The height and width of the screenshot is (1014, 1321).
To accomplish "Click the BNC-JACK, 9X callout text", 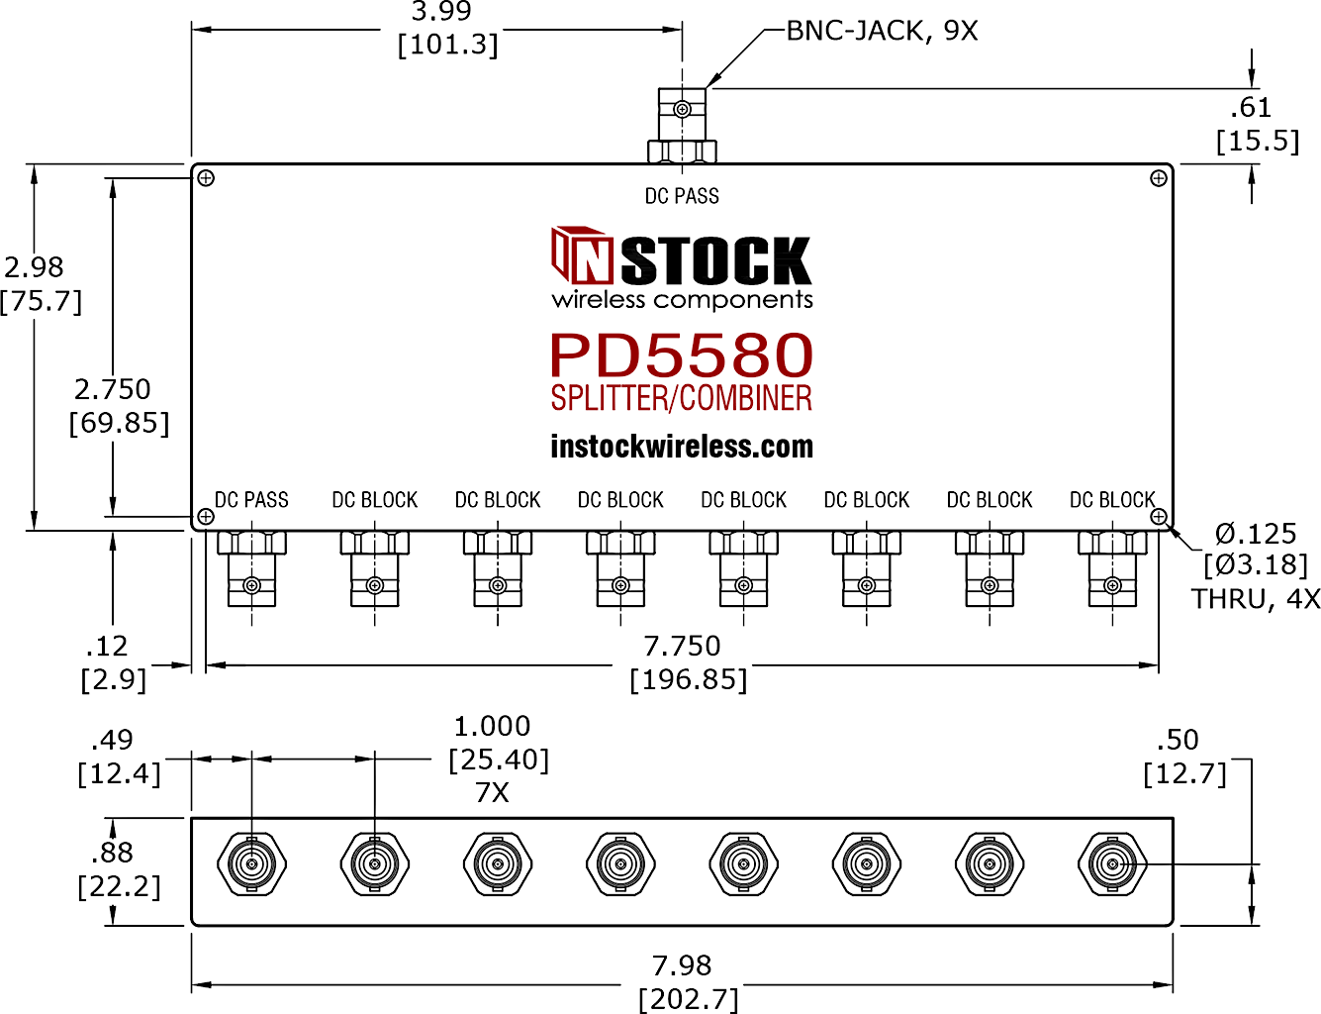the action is pyautogui.click(x=882, y=31).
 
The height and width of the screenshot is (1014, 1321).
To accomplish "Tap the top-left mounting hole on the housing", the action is pyautogui.click(x=206, y=178).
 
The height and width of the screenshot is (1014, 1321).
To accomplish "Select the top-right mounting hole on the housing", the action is pyautogui.click(x=1158, y=178).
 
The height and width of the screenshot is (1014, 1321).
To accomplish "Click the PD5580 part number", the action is pyautogui.click(x=682, y=355).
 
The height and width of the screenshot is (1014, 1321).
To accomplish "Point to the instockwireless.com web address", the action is pyautogui.click(x=682, y=447).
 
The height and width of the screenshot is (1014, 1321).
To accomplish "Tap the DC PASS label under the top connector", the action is pyautogui.click(x=682, y=196).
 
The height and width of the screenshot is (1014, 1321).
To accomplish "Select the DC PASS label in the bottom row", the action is pyautogui.click(x=251, y=500).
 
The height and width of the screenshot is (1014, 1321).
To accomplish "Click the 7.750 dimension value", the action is pyautogui.click(x=682, y=646).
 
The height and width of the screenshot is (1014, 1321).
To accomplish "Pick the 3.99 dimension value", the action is pyautogui.click(x=441, y=11).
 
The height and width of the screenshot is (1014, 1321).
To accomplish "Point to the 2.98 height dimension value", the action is pyautogui.click(x=34, y=267).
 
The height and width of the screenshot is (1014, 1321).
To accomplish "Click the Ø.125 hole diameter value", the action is pyautogui.click(x=1255, y=535).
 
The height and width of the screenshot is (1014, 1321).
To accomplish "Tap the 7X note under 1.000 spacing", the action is pyautogui.click(x=492, y=792).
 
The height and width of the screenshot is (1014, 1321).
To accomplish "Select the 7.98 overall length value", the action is pyautogui.click(x=682, y=965).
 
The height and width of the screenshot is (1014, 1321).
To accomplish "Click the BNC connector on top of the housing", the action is pyautogui.click(x=682, y=125).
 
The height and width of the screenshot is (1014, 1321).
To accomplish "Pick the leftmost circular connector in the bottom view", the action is pyautogui.click(x=251, y=863).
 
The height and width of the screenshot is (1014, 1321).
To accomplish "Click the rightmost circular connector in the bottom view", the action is pyautogui.click(x=1112, y=863).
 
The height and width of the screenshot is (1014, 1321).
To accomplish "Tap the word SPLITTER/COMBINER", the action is pyautogui.click(x=682, y=398).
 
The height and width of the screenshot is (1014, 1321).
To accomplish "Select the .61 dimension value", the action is pyautogui.click(x=1251, y=108).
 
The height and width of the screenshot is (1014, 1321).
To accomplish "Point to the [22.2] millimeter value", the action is pyautogui.click(x=119, y=887).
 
